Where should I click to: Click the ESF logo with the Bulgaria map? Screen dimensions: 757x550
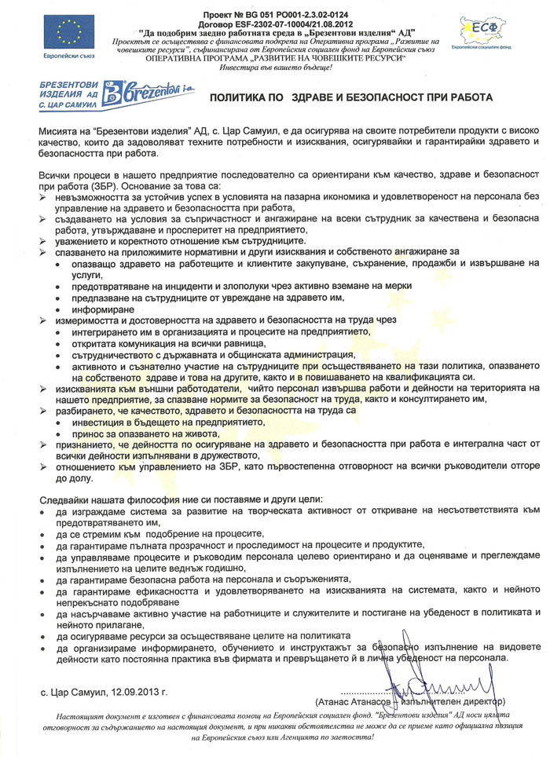[x=482, y=31]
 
